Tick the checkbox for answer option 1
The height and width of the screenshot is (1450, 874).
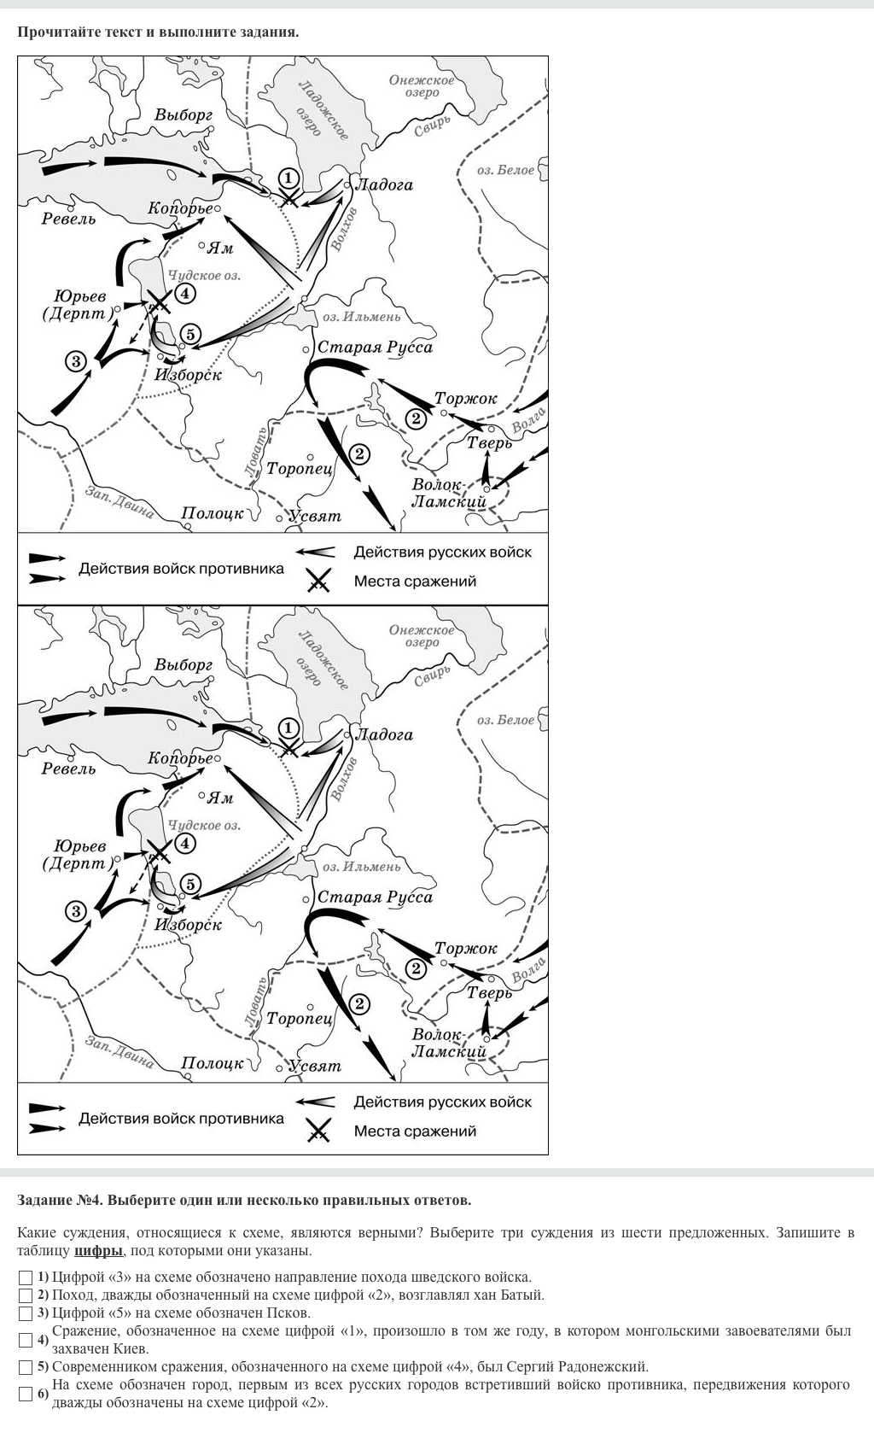click(26, 1278)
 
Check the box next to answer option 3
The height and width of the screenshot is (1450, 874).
click(26, 1313)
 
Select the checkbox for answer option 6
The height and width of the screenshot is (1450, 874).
click(26, 1394)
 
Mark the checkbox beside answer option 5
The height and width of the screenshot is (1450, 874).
click(26, 1367)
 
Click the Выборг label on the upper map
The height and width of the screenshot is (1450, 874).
click(184, 114)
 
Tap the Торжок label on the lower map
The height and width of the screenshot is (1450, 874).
click(465, 949)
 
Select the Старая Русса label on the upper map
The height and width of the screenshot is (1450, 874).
click(375, 348)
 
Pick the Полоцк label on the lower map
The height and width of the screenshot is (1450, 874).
click(213, 1064)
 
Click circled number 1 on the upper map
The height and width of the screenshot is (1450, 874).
click(289, 178)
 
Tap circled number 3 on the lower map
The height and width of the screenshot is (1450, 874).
click(77, 911)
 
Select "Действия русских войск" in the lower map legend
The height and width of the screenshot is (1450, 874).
click(442, 1102)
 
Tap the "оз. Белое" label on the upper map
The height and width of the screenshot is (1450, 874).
click(505, 171)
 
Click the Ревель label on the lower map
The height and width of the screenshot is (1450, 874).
click(69, 769)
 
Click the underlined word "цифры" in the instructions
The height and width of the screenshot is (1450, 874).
click(99, 1251)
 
